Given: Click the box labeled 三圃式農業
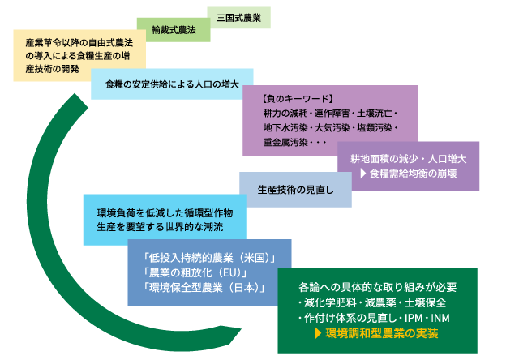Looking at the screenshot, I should (x=239, y=16).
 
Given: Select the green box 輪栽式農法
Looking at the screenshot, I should (x=174, y=30).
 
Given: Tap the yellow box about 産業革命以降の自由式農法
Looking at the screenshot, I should (x=79, y=55).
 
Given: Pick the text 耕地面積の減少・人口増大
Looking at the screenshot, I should (x=414, y=158).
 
